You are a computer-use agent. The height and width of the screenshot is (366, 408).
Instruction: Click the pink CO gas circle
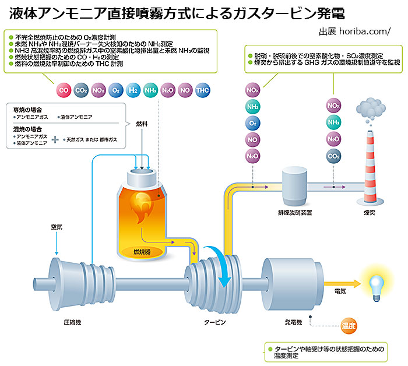64,90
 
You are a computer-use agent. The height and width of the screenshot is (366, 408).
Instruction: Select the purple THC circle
202,90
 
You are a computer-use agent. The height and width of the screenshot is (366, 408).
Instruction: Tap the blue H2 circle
133,90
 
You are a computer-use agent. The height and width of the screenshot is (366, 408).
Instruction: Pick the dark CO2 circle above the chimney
334,156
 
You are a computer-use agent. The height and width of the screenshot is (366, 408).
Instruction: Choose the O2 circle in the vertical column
253,124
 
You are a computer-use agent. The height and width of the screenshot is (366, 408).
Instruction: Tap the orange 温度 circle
349,325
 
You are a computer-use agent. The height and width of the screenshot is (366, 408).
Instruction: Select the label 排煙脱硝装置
294,213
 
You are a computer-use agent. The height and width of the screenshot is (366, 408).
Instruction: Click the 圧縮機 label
72,322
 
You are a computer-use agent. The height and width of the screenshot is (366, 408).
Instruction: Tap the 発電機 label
293,322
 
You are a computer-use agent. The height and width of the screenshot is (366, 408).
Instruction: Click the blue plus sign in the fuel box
56,140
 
